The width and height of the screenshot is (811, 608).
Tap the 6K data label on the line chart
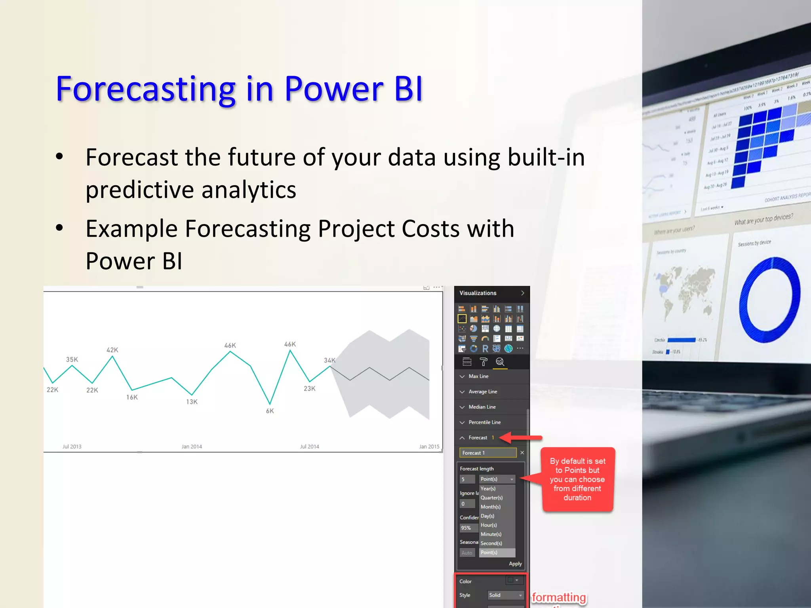point(270,411)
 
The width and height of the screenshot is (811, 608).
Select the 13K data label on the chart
point(192,402)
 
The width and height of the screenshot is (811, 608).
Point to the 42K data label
point(112,350)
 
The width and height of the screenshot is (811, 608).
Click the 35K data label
point(72,359)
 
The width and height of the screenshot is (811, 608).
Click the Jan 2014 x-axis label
point(192,446)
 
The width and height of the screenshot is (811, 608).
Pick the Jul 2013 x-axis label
point(72,446)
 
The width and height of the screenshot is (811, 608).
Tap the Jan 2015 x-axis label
point(429,446)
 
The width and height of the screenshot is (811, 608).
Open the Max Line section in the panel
point(478,376)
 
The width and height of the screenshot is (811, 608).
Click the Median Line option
point(482,407)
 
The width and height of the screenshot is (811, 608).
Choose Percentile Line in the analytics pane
point(484,422)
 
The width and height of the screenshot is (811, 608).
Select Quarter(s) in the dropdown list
point(491,498)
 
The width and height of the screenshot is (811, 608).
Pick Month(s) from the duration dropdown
point(490,507)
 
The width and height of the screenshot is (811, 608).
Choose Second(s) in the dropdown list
point(491,543)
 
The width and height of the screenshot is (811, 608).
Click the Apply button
point(515,564)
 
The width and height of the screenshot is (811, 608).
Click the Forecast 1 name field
point(487,453)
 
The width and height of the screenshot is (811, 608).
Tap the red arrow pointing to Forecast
point(520,438)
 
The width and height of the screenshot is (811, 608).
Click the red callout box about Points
point(577,479)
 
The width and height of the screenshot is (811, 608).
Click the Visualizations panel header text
point(478,293)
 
